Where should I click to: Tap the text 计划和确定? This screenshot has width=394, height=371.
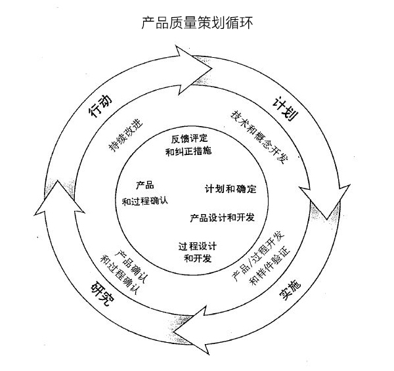(230, 189)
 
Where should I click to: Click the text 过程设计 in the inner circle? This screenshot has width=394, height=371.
(198, 246)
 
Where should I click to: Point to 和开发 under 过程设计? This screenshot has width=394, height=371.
(198, 258)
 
